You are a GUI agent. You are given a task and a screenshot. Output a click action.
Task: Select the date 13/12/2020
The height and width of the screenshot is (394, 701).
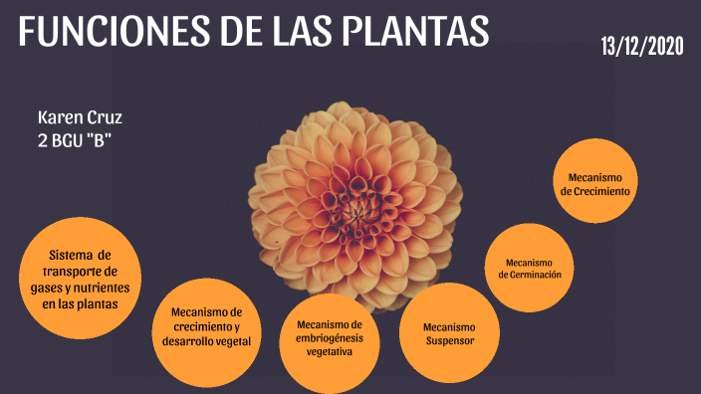[x=642, y=46]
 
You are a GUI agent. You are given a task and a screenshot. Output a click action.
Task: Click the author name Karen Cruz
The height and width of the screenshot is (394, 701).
[x=79, y=118]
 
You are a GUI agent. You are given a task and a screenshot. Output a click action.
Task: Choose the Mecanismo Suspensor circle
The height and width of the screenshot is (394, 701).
[x=448, y=332]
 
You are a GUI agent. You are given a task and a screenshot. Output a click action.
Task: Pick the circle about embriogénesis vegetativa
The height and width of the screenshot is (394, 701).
[x=329, y=338]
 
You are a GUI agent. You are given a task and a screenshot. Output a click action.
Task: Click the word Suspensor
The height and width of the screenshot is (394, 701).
[x=449, y=340]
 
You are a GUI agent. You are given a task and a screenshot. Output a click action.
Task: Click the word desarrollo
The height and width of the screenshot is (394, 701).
[x=186, y=341]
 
